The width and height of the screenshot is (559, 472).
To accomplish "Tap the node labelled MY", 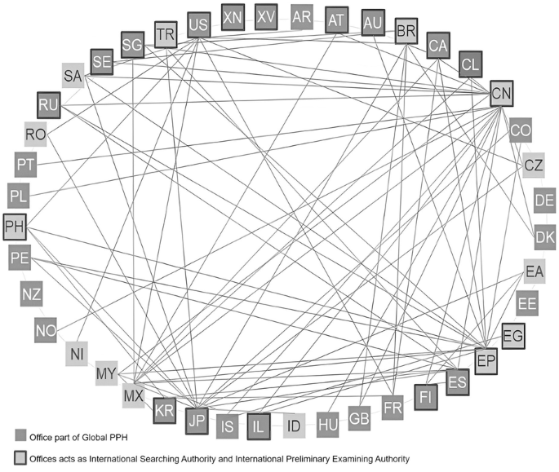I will tap(107, 374).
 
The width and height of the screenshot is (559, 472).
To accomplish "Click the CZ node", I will tap(534, 165).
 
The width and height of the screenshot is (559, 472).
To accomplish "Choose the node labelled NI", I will tap(78, 355).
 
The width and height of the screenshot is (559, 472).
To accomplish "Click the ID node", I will tap(295, 425).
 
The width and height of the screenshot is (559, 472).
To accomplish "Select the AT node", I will tap(336, 20).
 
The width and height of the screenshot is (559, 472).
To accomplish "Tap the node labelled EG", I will tap(514, 335).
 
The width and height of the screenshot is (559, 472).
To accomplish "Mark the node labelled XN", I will tap(233, 16).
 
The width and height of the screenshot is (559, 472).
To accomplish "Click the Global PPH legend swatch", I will tap(20, 437).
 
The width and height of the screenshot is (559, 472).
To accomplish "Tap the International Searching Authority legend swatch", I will tap(20, 458).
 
